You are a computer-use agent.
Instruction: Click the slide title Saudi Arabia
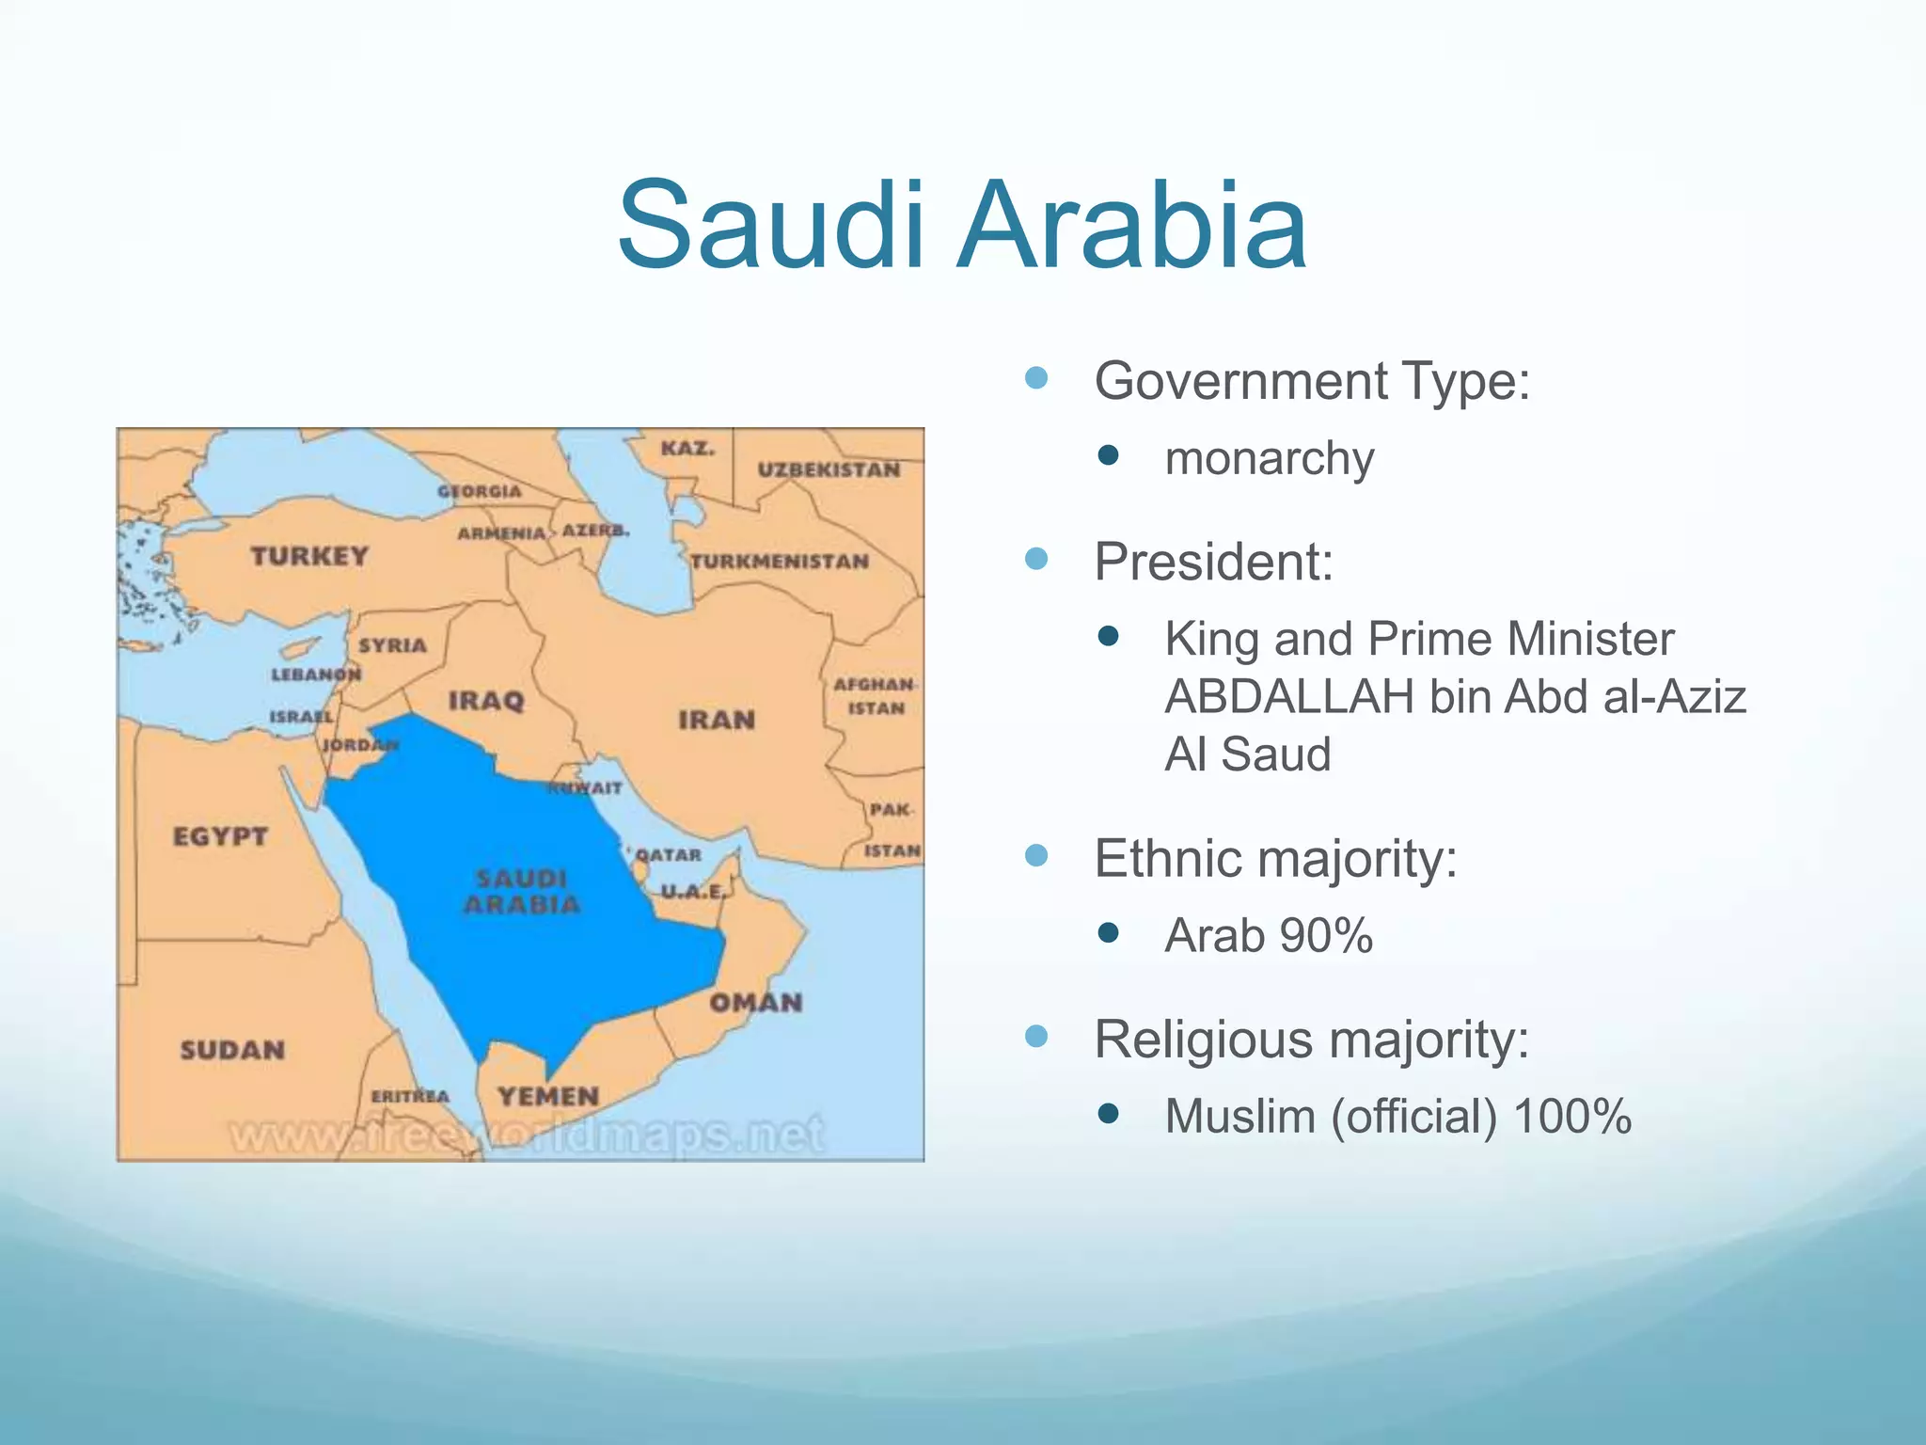click(962, 227)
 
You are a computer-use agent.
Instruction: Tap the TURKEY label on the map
click(309, 556)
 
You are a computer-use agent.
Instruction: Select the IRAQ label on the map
click(486, 701)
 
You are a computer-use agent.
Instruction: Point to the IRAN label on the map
click(717, 721)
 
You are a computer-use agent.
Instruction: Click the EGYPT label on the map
click(220, 836)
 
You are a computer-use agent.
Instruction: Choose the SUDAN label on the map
click(232, 1050)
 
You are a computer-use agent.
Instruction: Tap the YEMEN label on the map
click(548, 1097)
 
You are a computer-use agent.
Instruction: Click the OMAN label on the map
click(756, 1003)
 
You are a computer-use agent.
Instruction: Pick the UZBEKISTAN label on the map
click(829, 469)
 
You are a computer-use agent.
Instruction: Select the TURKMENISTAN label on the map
click(780, 562)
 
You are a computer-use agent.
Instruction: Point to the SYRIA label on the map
click(392, 645)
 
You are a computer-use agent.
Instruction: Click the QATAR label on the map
click(669, 855)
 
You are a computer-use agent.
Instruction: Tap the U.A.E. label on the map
click(693, 891)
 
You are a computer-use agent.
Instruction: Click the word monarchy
click(1269, 459)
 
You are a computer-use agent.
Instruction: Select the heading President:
click(1213, 562)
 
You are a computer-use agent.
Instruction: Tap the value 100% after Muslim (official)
click(1572, 1117)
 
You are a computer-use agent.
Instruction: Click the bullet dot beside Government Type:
click(1036, 379)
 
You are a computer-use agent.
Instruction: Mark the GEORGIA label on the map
click(479, 491)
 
